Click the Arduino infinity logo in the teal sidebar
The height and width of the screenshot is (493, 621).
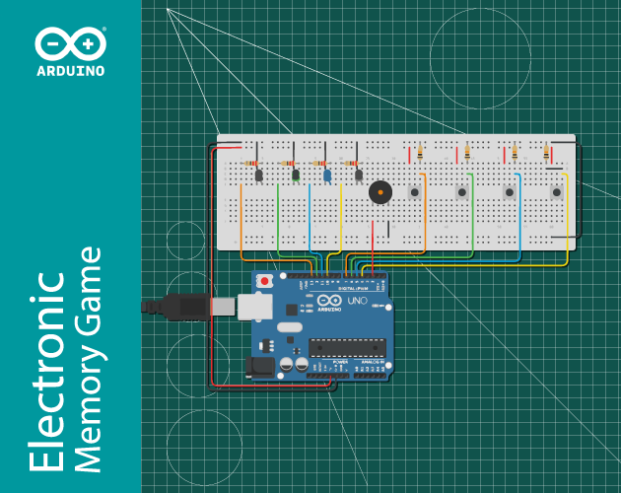70,44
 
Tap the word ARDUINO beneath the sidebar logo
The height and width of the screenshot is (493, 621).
70,71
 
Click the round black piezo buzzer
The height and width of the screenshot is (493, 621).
378,192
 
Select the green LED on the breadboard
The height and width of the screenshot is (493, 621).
295,176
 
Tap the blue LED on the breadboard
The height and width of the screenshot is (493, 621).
326,176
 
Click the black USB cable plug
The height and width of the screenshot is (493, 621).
182,307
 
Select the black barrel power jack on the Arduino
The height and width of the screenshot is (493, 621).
259,366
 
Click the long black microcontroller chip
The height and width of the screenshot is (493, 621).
347,347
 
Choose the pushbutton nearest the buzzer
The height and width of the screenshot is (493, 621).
415,191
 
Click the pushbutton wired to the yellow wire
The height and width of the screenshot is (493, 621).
557,191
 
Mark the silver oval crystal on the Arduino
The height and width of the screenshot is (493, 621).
289,327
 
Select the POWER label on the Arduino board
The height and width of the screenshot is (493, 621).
340,363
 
